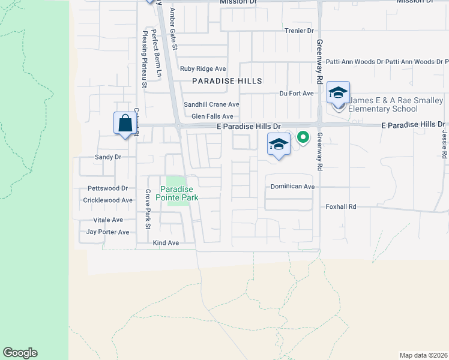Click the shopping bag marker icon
click(x=124, y=124)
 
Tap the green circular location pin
click(x=303, y=137)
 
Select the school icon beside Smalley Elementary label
click(x=338, y=94)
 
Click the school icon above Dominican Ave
click(x=279, y=145)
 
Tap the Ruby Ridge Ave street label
click(x=203, y=69)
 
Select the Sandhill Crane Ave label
click(x=211, y=104)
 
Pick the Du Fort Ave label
click(x=297, y=94)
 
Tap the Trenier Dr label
click(x=298, y=31)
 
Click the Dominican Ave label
click(x=292, y=187)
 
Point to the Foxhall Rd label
click(x=341, y=206)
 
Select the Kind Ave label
click(x=166, y=243)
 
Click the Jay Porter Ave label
click(x=107, y=232)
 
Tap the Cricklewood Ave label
click(x=107, y=200)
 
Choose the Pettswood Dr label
click(x=108, y=188)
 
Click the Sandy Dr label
click(x=108, y=157)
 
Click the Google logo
click(x=20, y=353)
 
